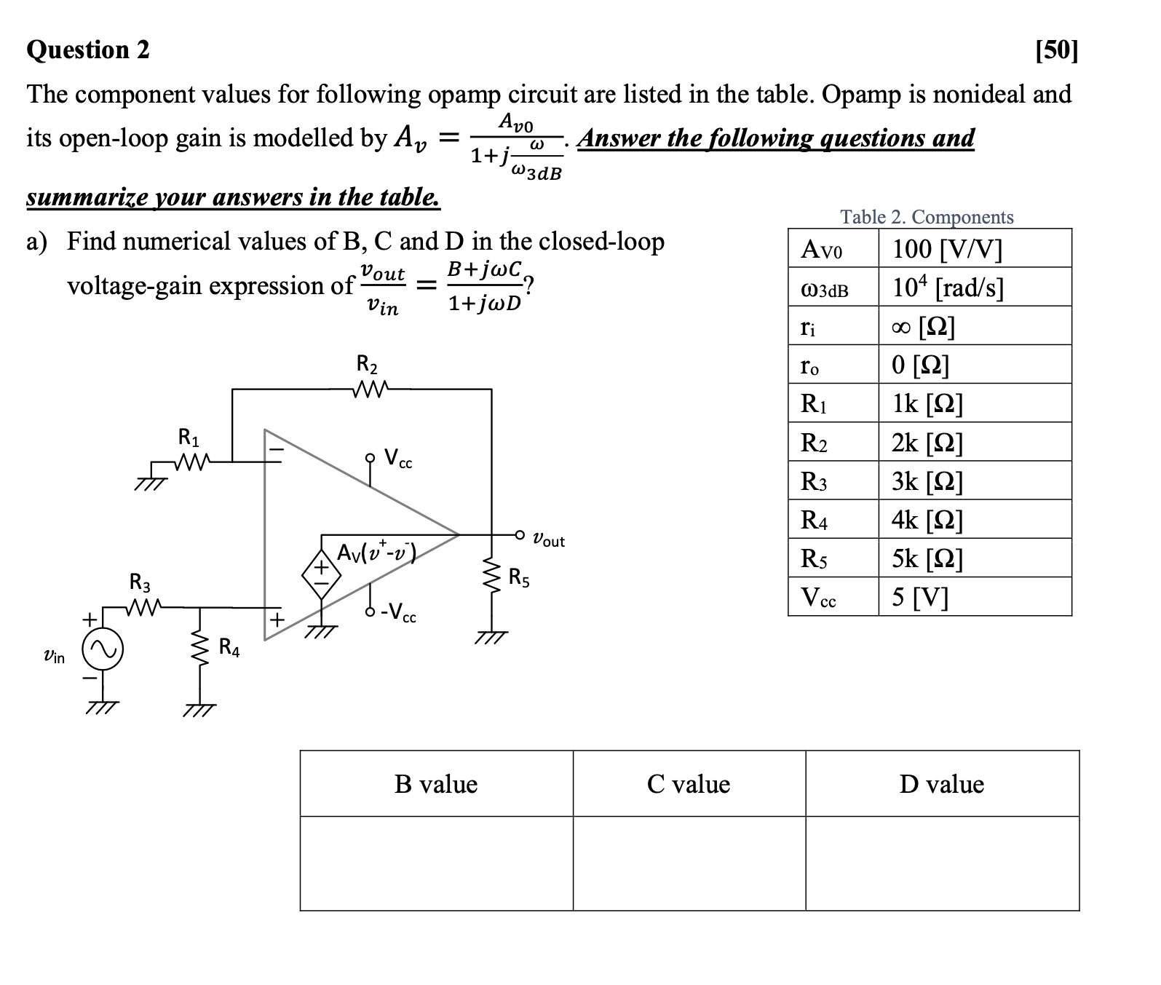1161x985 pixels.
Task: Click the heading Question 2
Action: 88,50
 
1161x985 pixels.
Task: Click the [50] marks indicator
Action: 1056,50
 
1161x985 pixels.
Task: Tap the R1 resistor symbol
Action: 191,461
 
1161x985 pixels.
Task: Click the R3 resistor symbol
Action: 143,606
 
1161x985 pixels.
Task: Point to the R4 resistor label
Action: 229,647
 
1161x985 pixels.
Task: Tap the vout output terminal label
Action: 548,540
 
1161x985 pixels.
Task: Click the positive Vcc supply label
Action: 398,459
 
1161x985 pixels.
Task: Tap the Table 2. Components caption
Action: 927,217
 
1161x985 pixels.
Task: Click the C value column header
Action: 689,784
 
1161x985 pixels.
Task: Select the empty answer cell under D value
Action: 942,863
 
